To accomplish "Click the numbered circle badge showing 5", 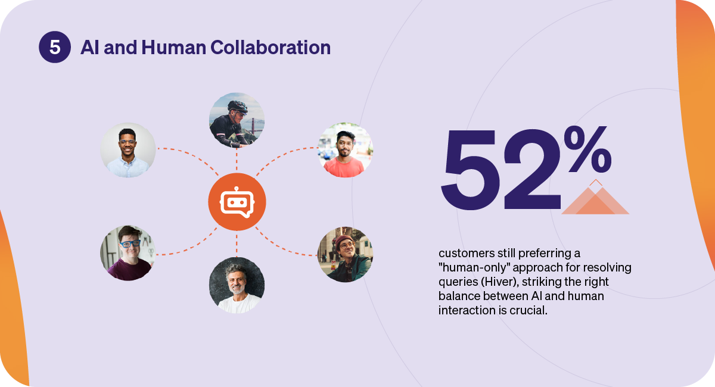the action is [55, 47].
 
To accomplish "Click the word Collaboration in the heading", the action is [271, 47].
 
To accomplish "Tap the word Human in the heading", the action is [173, 47].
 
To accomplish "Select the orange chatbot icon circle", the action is [237, 202].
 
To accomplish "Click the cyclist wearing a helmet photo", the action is [237, 120].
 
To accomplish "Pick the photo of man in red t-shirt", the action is [346, 150].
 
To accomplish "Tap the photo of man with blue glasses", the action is [128, 253].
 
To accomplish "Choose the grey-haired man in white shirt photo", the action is [237, 285].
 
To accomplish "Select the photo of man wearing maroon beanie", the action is [346, 254].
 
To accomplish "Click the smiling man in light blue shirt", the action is [128, 150].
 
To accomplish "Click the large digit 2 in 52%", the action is [531, 169].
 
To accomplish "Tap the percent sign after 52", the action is [587, 149].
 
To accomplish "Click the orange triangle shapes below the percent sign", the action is [595, 197].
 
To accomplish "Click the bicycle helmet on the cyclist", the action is [238, 106].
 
